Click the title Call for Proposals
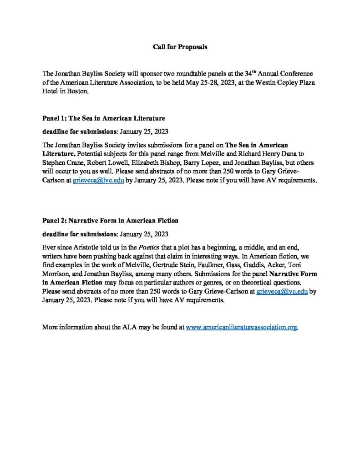point(180,47)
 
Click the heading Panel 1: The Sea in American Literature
point(103,118)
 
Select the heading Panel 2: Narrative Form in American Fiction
point(110,221)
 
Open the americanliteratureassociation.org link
point(242,327)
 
